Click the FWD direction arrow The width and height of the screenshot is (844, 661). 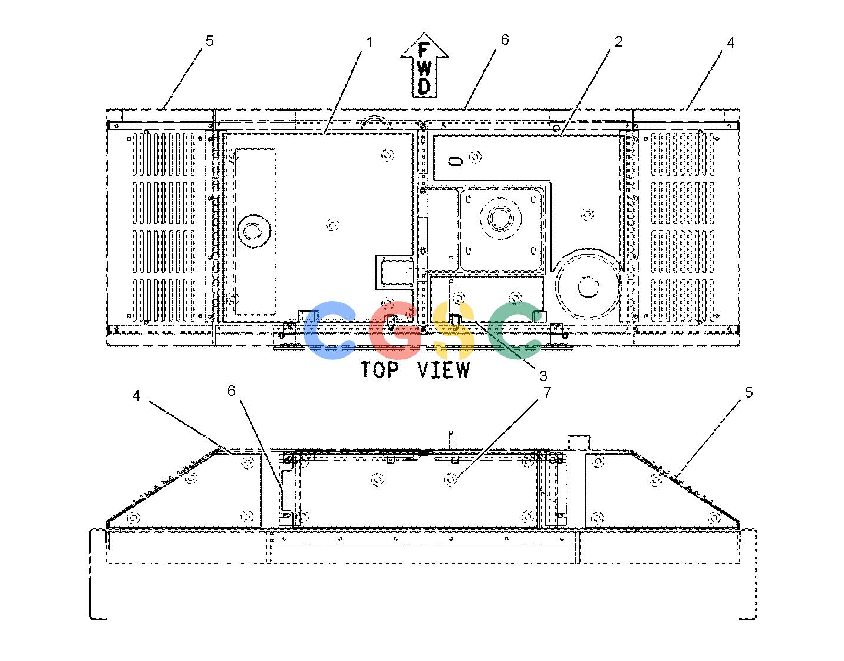click(424, 65)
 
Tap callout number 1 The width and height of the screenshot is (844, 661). click(370, 42)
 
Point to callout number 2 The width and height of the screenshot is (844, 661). click(618, 41)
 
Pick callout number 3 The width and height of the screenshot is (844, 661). click(543, 376)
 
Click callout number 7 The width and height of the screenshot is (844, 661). click(548, 392)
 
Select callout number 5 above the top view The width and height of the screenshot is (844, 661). click(209, 41)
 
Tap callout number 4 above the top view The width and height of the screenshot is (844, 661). click(730, 42)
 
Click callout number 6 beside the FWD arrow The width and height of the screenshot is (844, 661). click(505, 39)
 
